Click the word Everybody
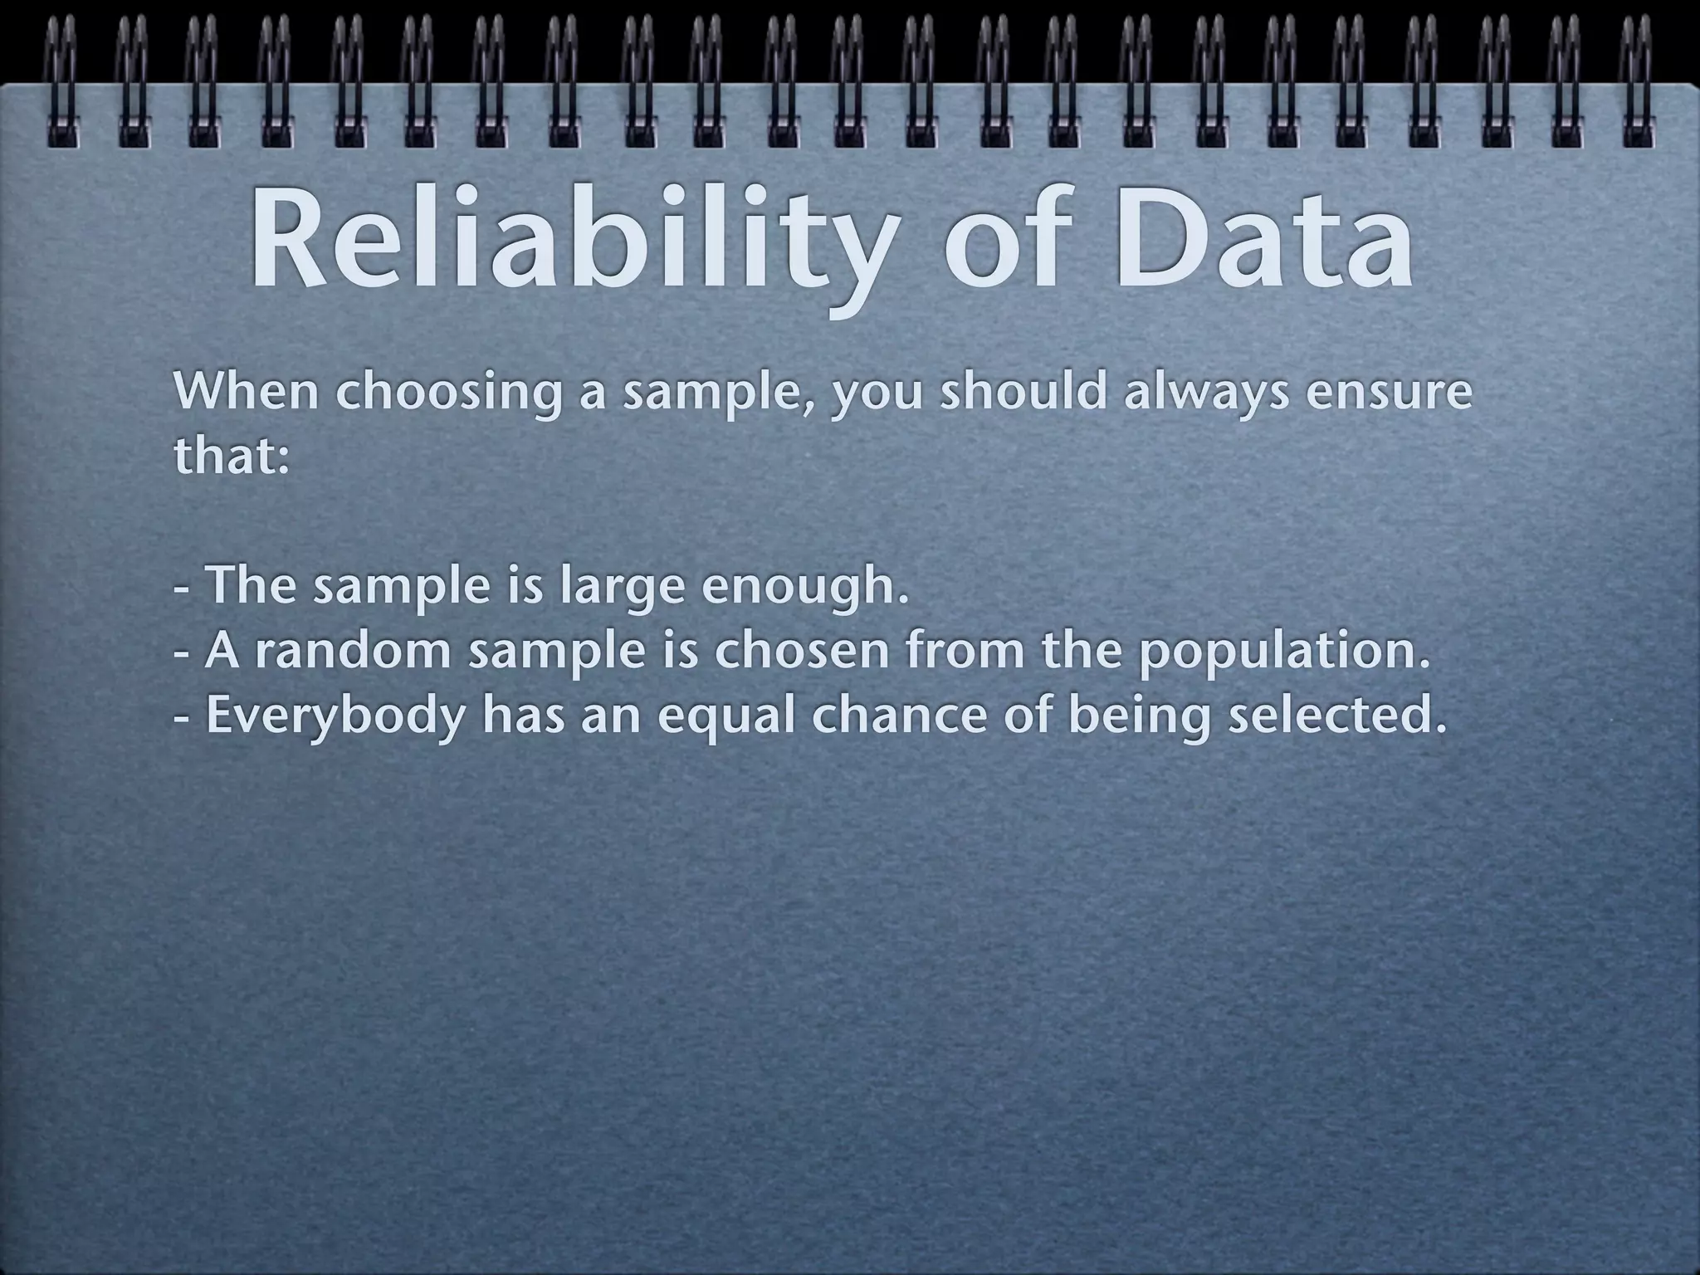(x=336, y=716)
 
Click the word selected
(x=1336, y=715)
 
